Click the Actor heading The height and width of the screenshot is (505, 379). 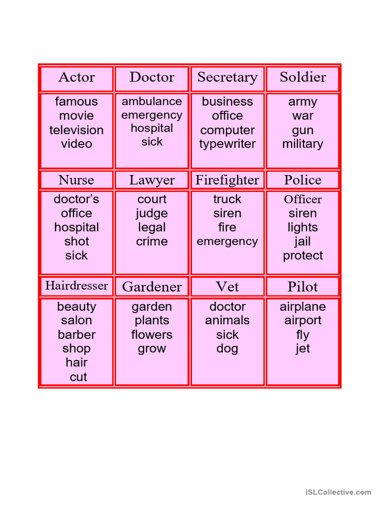[76, 77]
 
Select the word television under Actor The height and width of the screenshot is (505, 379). [76, 130]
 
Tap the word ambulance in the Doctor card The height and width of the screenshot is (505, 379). [152, 102]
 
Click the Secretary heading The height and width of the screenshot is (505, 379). [227, 77]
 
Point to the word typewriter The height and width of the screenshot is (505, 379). [227, 144]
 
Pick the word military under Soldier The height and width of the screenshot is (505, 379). [303, 144]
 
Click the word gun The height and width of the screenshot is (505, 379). [303, 130]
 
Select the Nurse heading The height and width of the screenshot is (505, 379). [76, 180]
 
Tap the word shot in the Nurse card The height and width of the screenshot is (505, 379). [76, 242]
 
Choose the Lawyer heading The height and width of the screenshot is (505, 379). [152, 180]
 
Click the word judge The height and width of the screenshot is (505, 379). [152, 214]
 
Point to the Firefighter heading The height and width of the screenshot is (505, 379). [227, 180]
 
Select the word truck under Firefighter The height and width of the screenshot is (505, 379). [227, 199]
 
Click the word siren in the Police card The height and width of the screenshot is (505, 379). [303, 214]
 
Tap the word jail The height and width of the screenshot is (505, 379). [303, 242]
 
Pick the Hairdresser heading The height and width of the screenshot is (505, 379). [76, 286]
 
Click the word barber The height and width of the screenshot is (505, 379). [76, 335]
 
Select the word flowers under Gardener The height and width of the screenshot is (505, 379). [152, 335]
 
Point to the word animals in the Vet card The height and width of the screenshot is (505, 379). [227, 321]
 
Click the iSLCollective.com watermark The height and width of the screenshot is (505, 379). [338, 492]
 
